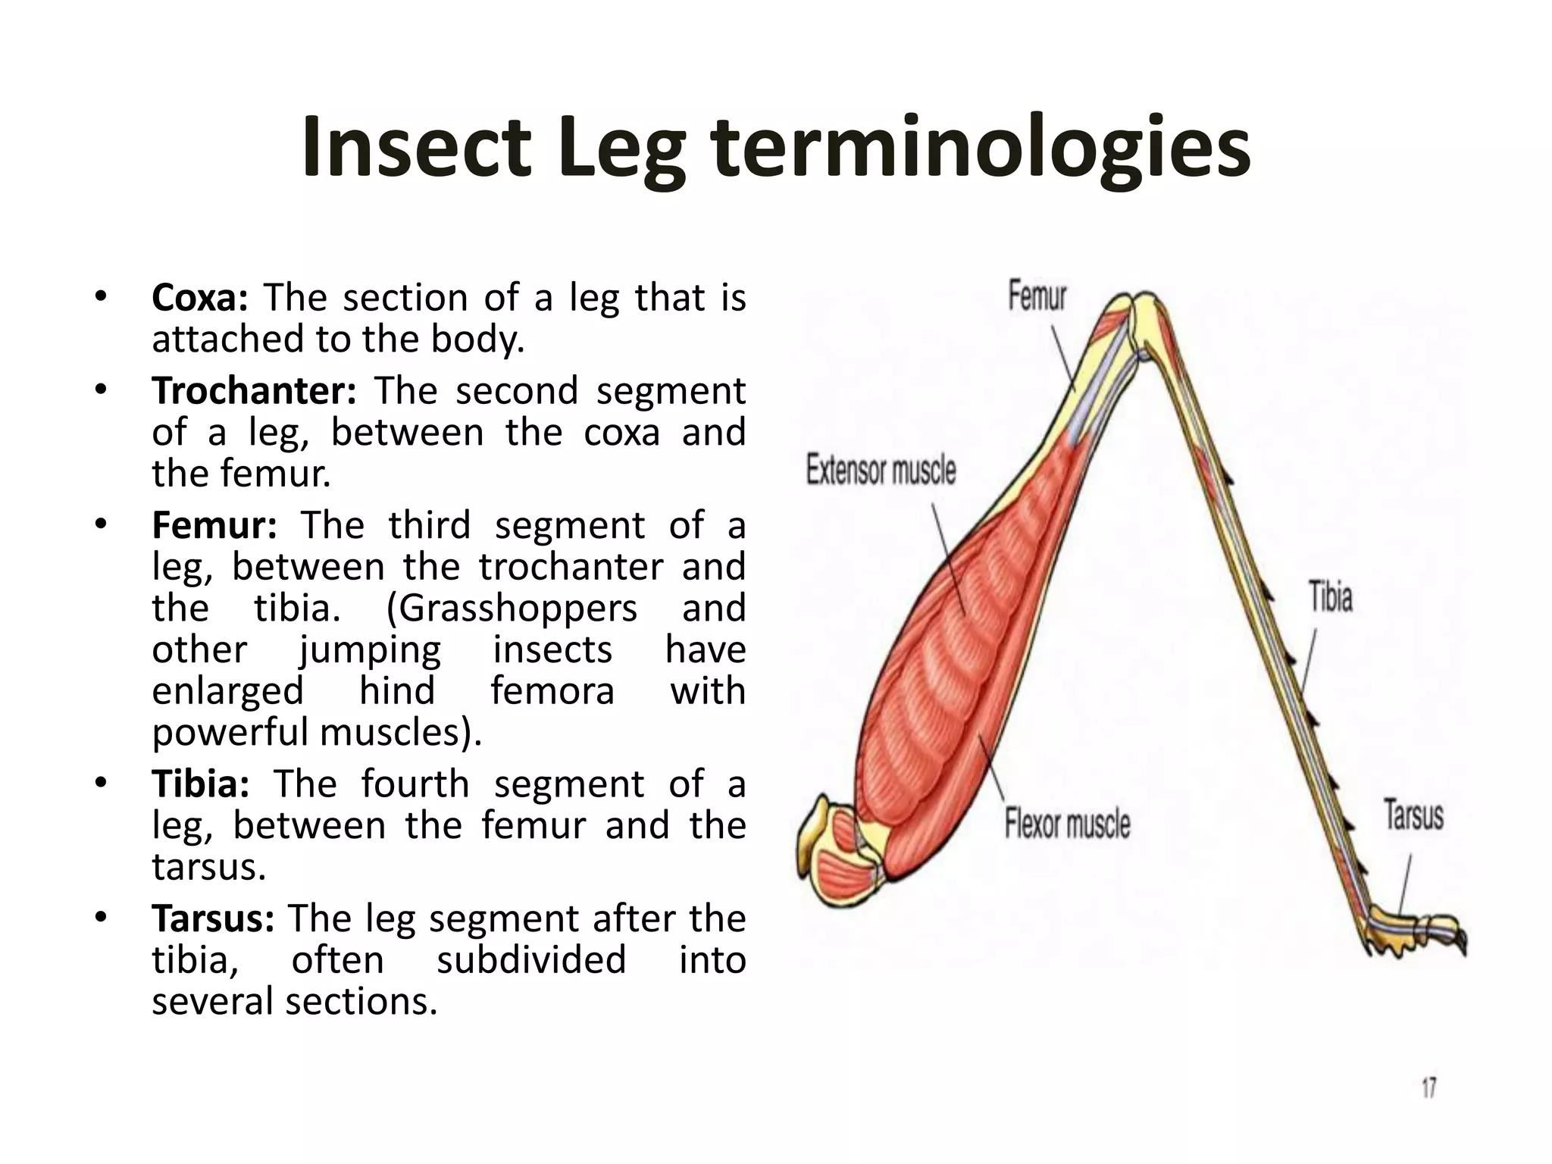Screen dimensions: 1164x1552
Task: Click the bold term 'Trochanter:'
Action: click(254, 391)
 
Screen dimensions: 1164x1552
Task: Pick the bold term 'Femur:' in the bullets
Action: click(214, 525)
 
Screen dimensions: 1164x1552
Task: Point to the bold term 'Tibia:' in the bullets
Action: click(201, 784)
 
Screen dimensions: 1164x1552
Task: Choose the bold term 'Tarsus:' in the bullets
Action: click(213, 918)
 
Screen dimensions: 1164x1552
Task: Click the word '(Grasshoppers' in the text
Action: click(512, 608)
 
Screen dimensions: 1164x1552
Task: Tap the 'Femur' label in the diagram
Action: click(1037, 296)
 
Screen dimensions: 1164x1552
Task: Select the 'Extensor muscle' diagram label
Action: click(881, 471)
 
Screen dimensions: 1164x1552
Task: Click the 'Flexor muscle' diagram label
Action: click(1067, 824)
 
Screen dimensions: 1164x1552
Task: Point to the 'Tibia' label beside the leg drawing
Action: click(1331, 596)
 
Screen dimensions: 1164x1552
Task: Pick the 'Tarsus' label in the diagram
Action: click(1414, 815)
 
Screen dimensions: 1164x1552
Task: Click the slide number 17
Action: click(1428, 1089)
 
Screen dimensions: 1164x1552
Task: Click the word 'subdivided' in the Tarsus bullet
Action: click(531, 960)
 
